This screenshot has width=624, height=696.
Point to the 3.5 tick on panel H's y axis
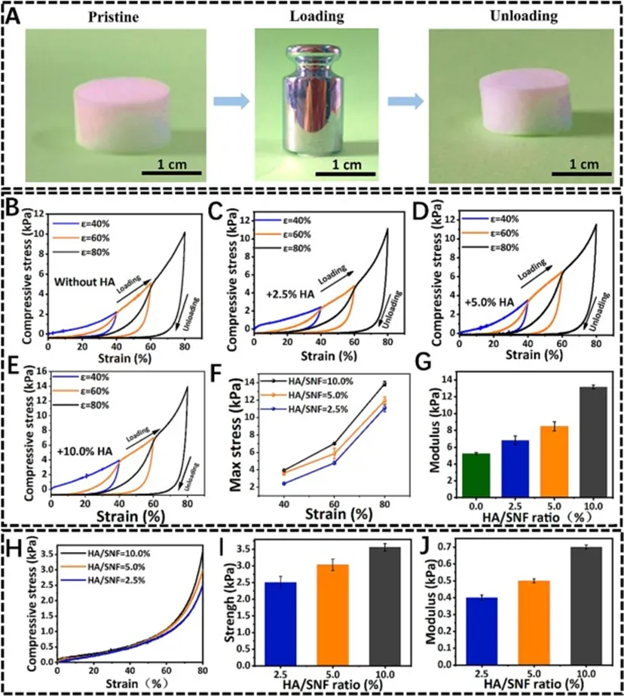tap(44, 554)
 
